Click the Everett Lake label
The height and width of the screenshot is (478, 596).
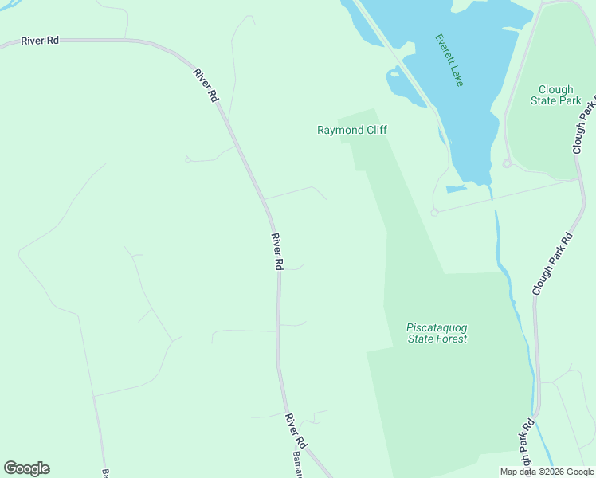(449, 60)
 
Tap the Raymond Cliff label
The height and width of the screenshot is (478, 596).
(352, 130)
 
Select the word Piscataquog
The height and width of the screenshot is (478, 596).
(437, 327)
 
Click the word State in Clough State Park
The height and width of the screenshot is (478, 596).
(545, 101)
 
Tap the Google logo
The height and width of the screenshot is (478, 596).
(26, 468)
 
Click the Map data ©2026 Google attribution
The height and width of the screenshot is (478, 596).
(547, 472)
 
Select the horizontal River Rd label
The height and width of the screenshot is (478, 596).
(40, 40)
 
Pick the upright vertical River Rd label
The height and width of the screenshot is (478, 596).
(277, 252)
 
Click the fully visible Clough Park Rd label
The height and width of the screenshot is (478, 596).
(552, 265)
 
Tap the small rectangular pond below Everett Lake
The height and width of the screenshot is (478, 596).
(456, 189)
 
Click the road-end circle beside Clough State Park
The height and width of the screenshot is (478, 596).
(506, 163)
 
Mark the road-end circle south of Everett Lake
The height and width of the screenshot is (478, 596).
(434, 213)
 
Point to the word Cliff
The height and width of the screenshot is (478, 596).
(372, 130)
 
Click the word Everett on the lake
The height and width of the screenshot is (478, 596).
(442, 49)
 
